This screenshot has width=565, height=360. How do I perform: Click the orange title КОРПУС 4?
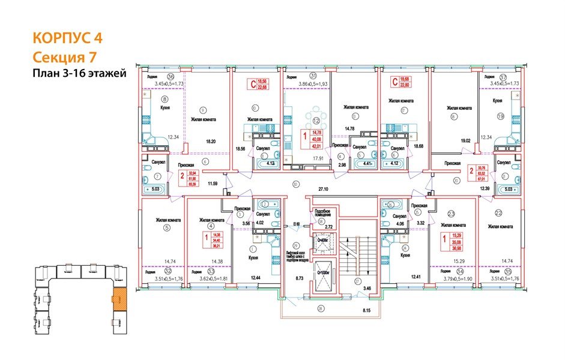67,38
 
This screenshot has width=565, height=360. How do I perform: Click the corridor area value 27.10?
325,187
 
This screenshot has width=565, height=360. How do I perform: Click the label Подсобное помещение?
325,214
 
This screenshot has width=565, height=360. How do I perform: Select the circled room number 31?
313,76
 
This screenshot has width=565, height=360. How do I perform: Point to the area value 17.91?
309,159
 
